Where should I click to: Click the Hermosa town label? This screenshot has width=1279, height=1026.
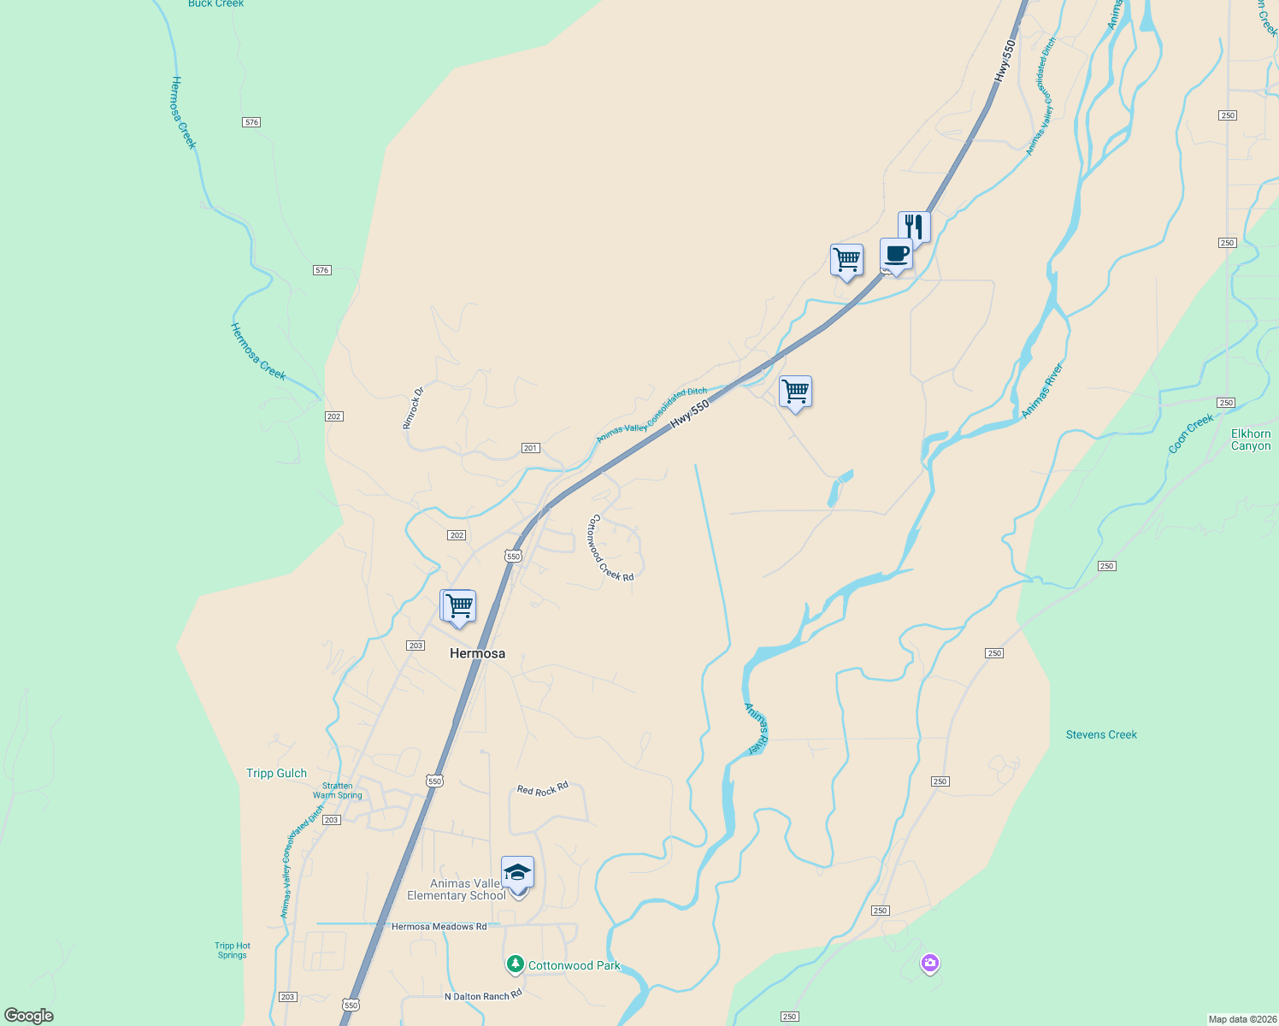point(477,653)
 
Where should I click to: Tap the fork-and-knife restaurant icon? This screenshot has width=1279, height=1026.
point(914,227)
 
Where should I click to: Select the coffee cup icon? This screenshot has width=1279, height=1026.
point(896,255)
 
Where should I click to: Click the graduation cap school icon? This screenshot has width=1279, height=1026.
point(517,873)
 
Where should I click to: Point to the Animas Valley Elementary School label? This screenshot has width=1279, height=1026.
point(457,890)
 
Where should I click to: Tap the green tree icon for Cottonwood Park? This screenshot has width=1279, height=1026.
point(515,964)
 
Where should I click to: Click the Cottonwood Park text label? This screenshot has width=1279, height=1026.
point(575,965)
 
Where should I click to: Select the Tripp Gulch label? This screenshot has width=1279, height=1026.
point(276,773)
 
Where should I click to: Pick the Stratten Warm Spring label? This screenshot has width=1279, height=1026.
point(338,791)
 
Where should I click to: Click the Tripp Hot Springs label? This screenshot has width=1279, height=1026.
point(233,950)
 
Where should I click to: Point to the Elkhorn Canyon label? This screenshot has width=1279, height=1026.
point(1251,439)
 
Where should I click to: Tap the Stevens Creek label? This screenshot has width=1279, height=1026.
point(1101,734)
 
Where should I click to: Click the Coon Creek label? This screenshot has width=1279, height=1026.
point(1191,433)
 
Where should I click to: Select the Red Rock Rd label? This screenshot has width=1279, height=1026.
point(543,789)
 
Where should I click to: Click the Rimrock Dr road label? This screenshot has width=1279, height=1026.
point(413,408)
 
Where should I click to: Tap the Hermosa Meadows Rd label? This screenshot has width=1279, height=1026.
point(439,927)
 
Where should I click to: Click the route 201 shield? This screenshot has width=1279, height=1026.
point(531,448)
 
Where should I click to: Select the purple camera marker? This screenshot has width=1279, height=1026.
point(930,964)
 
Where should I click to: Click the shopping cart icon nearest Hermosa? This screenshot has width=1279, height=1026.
point(459,606)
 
